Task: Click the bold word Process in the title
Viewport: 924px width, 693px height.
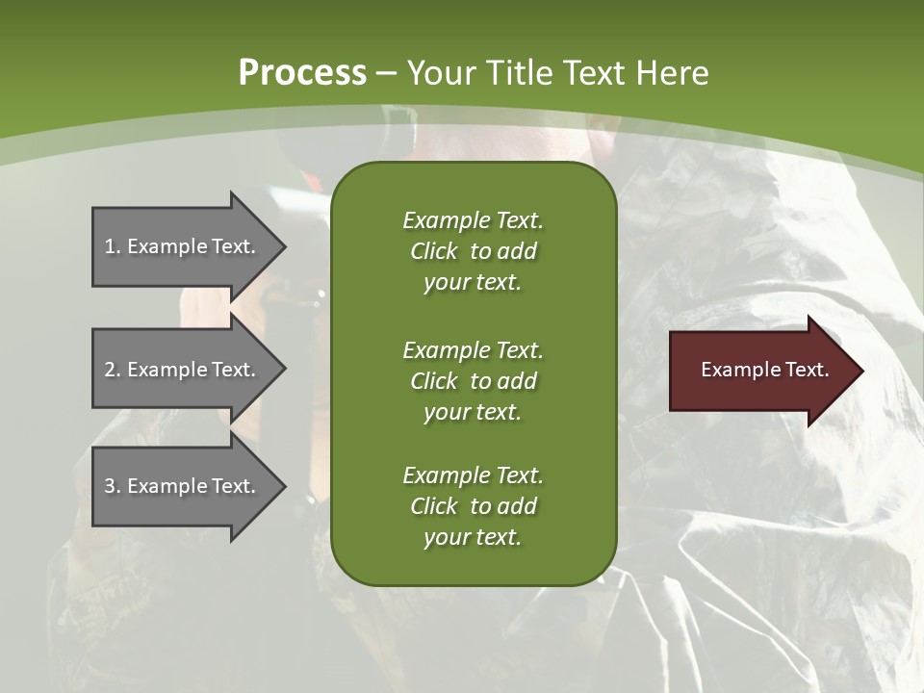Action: tap(302, 73)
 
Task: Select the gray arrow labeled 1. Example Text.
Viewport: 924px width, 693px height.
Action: tap(183, 246)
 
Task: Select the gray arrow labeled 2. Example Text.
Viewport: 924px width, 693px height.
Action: tap(183, 370)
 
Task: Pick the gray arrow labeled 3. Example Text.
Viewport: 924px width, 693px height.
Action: tap(183, 486)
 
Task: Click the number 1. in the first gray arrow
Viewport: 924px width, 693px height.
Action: tap(113, 246)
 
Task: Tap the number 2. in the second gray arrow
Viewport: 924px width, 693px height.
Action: tap(113, 370)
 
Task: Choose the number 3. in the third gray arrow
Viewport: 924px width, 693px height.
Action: tap(113, 486)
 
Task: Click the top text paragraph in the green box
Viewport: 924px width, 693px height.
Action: tap(473, 251)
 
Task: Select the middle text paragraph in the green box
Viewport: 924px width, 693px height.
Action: tap(473, 381)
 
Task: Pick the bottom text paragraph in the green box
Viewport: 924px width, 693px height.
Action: tap(473, 506)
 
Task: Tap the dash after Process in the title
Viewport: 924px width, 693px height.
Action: tap(386, 73)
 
